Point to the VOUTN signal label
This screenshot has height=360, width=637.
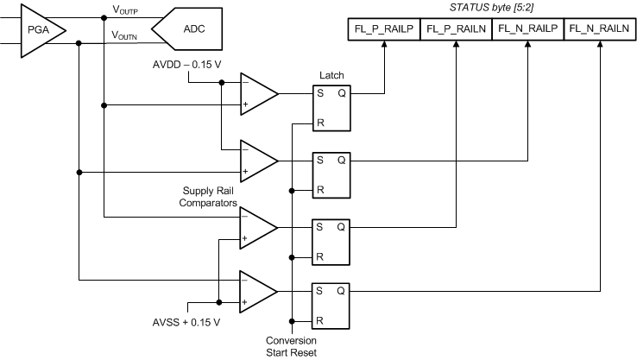click(x=126, y=35)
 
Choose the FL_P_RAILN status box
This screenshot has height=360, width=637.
click(x=455, y=28)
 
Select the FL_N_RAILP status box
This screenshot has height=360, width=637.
click(x=527, y=28)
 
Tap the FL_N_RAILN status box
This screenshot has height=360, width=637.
click(x=599, y=28)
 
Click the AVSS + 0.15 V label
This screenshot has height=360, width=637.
click(x=186, y=322)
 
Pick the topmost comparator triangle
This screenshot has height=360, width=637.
click(x=257, y=93)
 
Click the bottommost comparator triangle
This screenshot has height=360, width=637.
click(x=257, y=292)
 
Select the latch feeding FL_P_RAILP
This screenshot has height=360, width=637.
click(x=331, y=107)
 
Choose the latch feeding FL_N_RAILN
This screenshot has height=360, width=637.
click(x=331, y=306)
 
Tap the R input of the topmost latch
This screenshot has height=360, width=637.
click(x=319, y=122)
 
